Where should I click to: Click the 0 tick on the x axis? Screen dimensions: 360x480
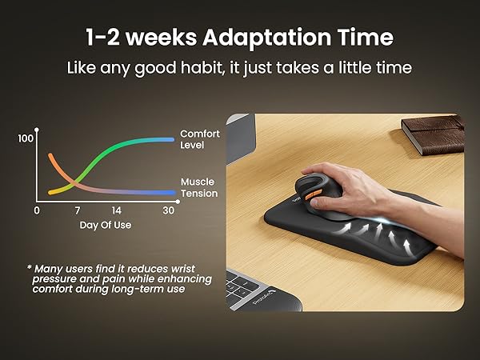pyautogui.click(x=36, y=210)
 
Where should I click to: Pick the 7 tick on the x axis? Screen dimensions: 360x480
pyautogui.click(x=78, y=210)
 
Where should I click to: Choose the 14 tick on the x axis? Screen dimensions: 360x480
pyautogui.click(x=117, y=210)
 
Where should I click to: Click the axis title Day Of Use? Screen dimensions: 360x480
pyautogui.click(x=105, y=225)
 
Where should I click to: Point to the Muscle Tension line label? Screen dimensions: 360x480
pyautogui.click(x=198, y=187)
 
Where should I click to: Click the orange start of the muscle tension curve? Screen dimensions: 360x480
pyautogui.click(x=51, y=155)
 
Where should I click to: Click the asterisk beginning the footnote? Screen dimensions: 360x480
pyautogui.click(x=29, y=266)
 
